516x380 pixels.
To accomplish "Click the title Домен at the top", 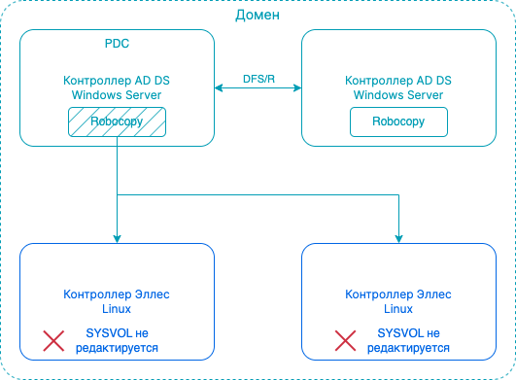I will pos(258,17).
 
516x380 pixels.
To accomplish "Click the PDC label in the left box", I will pos(117,45).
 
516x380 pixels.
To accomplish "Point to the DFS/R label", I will pos(258,77).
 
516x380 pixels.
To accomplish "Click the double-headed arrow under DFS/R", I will pos(258,89).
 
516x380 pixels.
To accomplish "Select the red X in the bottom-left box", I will pos(52,339).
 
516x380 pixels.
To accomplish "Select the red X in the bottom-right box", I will pos(345,339).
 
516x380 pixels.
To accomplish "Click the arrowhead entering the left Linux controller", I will pos(117,238).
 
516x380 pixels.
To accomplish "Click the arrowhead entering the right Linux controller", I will pos(398,238).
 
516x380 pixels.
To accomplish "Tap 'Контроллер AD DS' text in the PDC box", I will pos(117,81).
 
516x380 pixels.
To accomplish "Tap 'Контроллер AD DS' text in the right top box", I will pos(398,81).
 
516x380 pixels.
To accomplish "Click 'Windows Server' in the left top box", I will pos(117,94).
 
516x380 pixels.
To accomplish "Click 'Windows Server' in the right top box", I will pos(398,94).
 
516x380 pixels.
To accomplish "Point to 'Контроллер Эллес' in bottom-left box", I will pos(117,294).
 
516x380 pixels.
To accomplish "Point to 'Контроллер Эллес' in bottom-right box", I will pos(398,294).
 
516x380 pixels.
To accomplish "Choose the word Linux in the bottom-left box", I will pos(117,307).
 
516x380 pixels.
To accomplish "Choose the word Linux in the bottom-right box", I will pos(398,307).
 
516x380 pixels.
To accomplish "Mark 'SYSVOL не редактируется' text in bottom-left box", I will pos(121,339).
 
